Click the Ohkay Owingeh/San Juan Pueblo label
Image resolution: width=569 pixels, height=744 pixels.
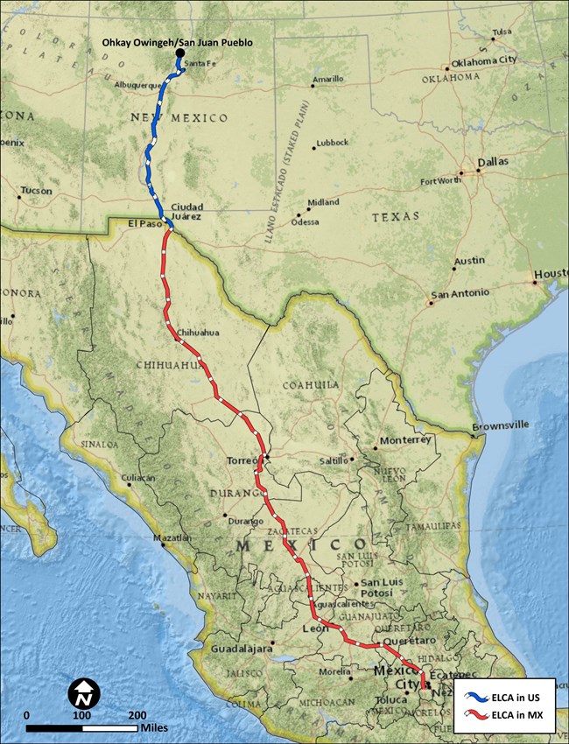[x=170, y=41]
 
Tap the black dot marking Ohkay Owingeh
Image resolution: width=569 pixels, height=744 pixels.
[x=180, y=54]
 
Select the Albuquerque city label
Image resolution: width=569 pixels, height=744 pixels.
[x=137, y=86]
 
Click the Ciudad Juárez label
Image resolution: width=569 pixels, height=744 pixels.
[x=187, y=211]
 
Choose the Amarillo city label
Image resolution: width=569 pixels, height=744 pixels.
[x=329, y=78]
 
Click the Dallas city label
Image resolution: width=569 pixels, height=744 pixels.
[x=493, y=162]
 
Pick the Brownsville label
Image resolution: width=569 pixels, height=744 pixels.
[x=501, y=425]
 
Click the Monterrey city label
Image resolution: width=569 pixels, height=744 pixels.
[x=406, y=440]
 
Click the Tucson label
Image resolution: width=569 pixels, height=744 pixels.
[x=36, y=190]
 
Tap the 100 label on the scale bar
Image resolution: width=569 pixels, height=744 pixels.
[x=81, y=715]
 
